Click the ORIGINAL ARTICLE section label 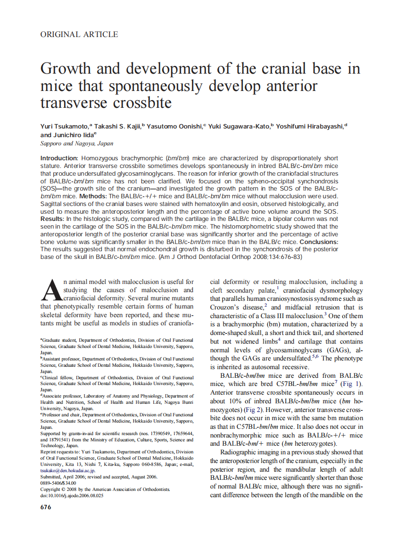(x=79, y=34)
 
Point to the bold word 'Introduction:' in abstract (x=59, y=158)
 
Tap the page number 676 (x=46, y=507)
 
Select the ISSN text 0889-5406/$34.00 (x=58, y=483)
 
